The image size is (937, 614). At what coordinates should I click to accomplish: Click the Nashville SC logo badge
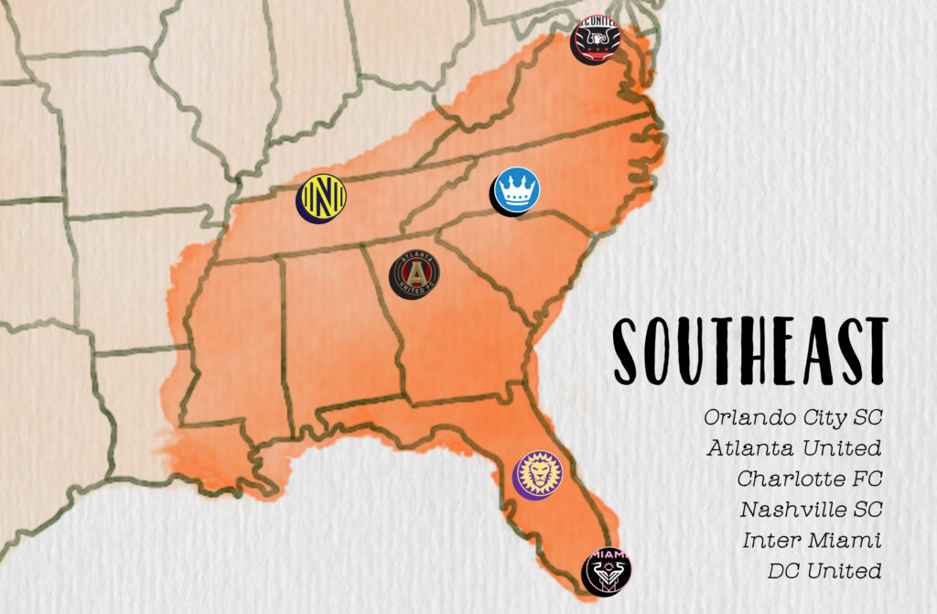point(322,198)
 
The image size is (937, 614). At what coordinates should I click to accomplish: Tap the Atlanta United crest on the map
point(415,274)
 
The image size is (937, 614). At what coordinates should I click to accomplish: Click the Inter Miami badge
point(608,571)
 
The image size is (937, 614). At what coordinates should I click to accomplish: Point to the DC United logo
point(596,38)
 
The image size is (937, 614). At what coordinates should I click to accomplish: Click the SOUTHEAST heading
point(749,351)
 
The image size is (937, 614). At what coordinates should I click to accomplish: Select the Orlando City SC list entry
point(792,417)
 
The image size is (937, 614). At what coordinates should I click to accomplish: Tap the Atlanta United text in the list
point(793,448)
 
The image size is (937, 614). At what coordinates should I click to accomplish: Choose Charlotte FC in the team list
point(808,479)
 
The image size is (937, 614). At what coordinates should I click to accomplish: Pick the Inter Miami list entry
point(813,540)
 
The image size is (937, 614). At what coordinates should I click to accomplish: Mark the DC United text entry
point(824,571)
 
